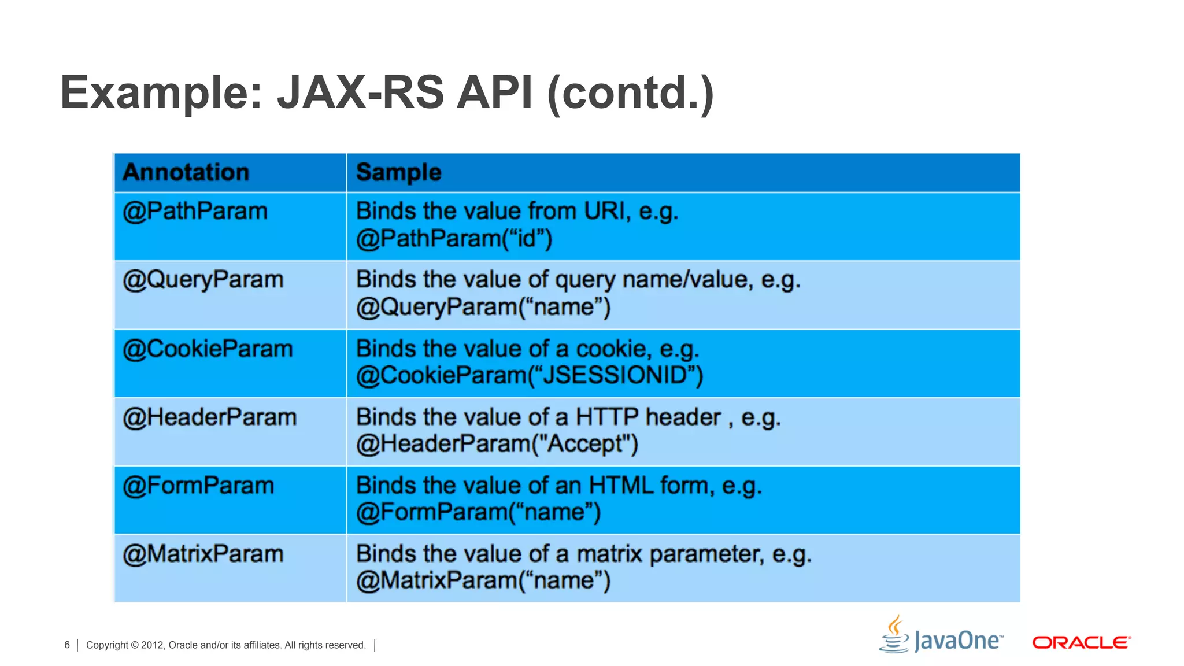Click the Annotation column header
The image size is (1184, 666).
(186, 172)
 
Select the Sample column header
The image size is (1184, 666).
(398, 172)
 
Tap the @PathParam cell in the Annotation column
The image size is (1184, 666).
(195, 212)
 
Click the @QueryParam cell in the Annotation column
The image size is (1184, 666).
(203, 280)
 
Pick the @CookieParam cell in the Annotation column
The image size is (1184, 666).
(208, 349)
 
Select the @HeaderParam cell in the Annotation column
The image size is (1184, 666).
(209, 417)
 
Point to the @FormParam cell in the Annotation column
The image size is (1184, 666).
(198, 486)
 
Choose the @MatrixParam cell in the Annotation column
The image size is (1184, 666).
(203, 554)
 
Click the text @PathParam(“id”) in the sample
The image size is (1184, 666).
(454, 238)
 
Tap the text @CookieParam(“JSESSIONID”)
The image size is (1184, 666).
(530, 376)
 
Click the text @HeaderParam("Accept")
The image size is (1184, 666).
(497, 444)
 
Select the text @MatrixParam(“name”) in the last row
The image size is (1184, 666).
(483, 580)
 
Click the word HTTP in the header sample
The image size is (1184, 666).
(607, 417)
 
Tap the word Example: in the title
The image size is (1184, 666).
(161, 92)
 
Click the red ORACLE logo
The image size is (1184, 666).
(1081, 642)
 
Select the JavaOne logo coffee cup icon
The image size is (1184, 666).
(894, 634)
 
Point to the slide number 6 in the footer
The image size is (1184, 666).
(67, 645)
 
